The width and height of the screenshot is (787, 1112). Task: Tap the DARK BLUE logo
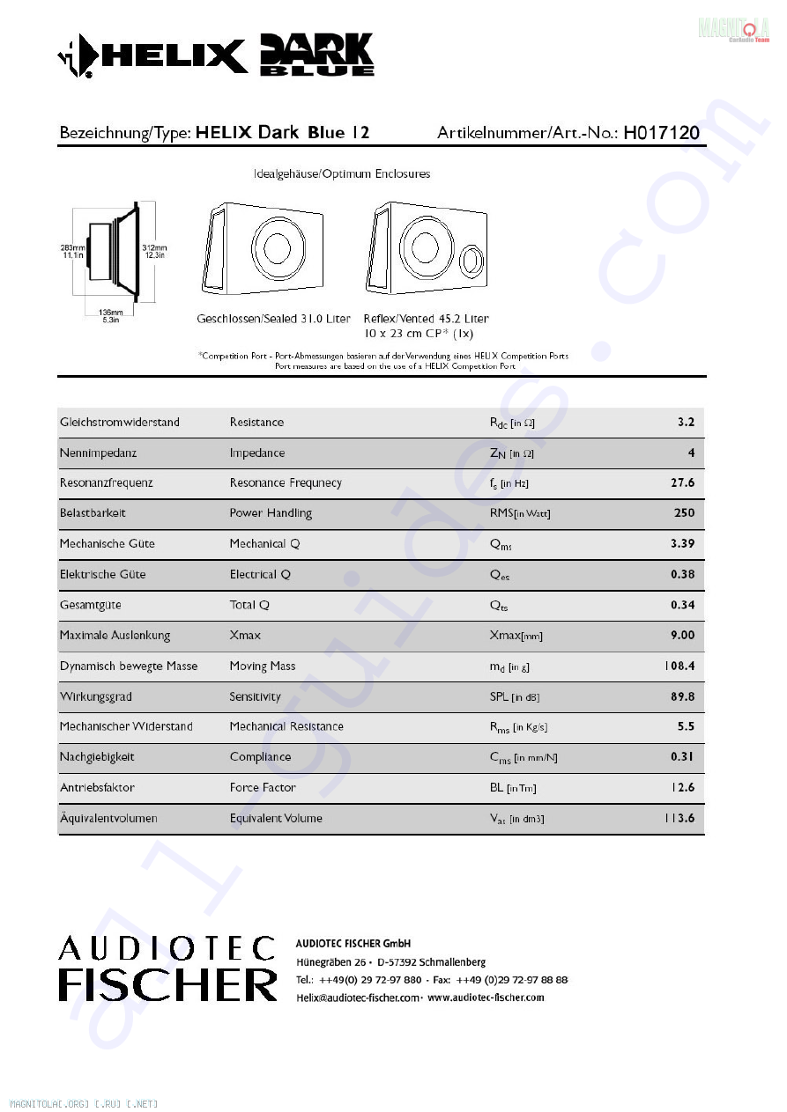point(317,55)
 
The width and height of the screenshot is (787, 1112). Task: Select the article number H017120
point(661,133)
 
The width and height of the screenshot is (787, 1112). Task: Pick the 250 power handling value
point(683,512)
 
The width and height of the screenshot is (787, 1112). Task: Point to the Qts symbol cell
point(499,605)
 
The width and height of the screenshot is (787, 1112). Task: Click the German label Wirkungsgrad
point(96,696)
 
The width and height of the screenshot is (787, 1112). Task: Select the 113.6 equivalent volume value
point(679,818)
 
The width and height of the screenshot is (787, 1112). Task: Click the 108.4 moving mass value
point(679,666)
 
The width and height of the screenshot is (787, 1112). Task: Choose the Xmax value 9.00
point(682,635)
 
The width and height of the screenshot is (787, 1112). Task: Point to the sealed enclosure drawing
point(263,250)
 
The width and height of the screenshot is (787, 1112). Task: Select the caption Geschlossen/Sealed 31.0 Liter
point(273,319)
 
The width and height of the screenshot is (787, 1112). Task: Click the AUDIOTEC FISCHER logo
point(167,968)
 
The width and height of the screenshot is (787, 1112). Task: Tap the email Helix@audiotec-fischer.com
point(359,998)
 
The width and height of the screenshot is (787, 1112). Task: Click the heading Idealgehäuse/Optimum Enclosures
point(342,174)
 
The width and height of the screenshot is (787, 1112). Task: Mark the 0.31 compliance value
point(682,756)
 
